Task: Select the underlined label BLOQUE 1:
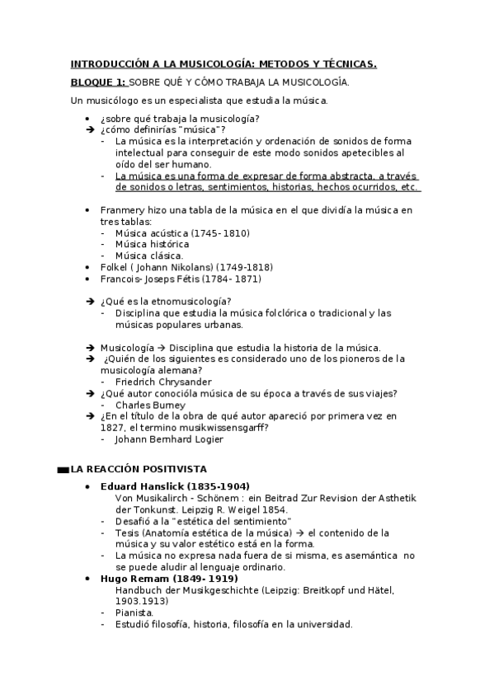tap(98, 82)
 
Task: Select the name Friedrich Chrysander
tap(163, 382)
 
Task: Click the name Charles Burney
tap(151, 405)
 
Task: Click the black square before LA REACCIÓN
tap(64, 470)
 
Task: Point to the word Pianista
tap(134, 612)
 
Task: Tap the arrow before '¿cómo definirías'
tap(90, 129)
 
